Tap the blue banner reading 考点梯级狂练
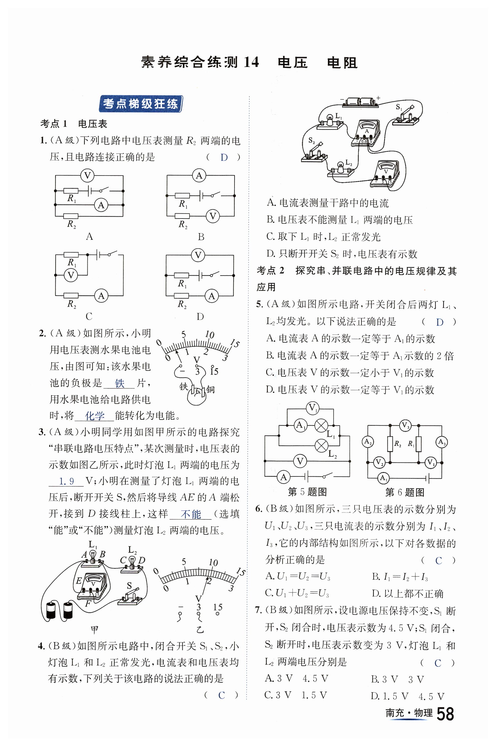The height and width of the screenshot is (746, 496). [141, 104]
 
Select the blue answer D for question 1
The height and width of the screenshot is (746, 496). [224, 157]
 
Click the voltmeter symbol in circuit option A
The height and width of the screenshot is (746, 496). [87, 175]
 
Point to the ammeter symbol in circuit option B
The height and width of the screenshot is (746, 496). [199, 175]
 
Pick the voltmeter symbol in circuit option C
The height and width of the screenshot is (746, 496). [71, 275]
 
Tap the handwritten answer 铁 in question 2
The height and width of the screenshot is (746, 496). [120, 383]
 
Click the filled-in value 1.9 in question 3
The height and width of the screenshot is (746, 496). [66, 481]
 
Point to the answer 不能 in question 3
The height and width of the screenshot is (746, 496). [190, 514]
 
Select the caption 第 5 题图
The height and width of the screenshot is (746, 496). [307, 492]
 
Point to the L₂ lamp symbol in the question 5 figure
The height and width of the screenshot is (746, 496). [322, 446]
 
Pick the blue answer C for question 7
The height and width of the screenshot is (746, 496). [438, 663]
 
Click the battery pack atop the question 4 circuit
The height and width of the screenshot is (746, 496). [360, 102]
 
